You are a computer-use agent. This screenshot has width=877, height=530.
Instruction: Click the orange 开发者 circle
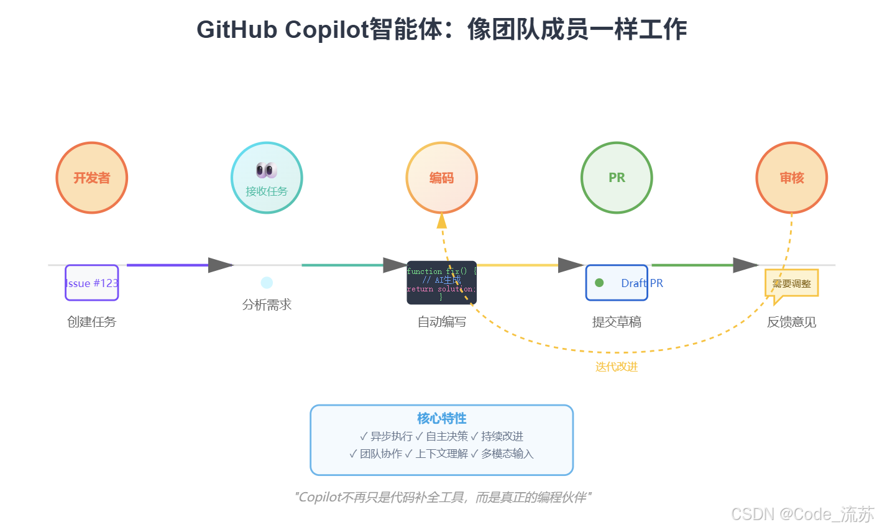[92, 178]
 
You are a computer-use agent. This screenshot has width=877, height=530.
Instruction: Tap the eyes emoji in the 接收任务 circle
[266, 170]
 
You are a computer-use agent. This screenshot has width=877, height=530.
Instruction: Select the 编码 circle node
[441, 178]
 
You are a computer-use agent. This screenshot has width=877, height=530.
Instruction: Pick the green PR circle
[617, 178]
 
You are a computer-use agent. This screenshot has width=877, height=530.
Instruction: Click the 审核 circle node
[791, 178]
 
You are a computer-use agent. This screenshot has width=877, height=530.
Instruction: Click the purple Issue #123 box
[92, 283]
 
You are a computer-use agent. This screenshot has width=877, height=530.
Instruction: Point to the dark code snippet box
[441, 283]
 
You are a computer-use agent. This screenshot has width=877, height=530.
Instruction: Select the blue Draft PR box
[617, 283]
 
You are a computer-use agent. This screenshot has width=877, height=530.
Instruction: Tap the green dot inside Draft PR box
[599, 283]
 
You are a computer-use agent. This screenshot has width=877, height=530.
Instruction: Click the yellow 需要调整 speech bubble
[791, 283]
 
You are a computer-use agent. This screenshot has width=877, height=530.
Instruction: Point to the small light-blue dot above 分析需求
[267, 283]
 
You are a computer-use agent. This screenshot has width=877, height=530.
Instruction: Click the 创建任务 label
[92, 322]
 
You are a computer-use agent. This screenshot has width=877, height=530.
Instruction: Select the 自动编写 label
[441, 322]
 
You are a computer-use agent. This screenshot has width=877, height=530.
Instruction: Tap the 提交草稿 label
[617, 322]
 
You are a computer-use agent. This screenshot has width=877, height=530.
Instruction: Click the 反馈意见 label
[791, 322]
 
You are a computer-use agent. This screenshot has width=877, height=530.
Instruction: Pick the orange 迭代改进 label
[617, 367]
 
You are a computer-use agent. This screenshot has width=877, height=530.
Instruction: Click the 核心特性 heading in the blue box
[441, 418]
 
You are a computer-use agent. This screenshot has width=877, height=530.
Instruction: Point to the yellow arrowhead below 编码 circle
[441, 220]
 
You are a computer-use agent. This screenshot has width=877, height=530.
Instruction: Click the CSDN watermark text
[802, 514]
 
